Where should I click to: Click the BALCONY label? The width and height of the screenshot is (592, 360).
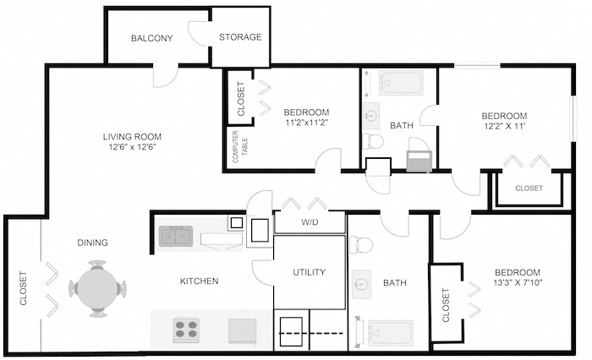coord(152,38)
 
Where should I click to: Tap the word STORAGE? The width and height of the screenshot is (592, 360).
coord(240,37)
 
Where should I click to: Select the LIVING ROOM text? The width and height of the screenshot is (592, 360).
coord(133,137)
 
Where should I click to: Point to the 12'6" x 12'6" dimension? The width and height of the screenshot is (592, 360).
coord(133,147)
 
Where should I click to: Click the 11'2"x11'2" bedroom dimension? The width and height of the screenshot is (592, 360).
coord(306,122)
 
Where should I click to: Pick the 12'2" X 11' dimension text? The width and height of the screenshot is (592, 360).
coord(504,126)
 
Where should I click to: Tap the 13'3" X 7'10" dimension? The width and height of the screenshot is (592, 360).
coord(517,282)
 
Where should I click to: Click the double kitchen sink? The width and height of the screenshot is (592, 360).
coord(175,236)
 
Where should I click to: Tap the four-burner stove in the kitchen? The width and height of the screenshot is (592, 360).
coord(186,328)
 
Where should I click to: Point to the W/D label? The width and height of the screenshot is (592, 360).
coord(309,224)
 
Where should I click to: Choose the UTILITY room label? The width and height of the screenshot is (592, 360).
coord(309,272)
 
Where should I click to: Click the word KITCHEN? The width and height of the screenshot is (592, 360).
coord(200,281)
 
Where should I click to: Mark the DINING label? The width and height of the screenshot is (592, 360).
coord(93,243)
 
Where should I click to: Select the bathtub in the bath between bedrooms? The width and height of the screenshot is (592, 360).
coord(401,84)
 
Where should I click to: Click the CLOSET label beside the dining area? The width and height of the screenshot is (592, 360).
coord(23,288)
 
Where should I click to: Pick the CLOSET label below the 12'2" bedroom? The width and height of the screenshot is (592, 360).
coord(529,188)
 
